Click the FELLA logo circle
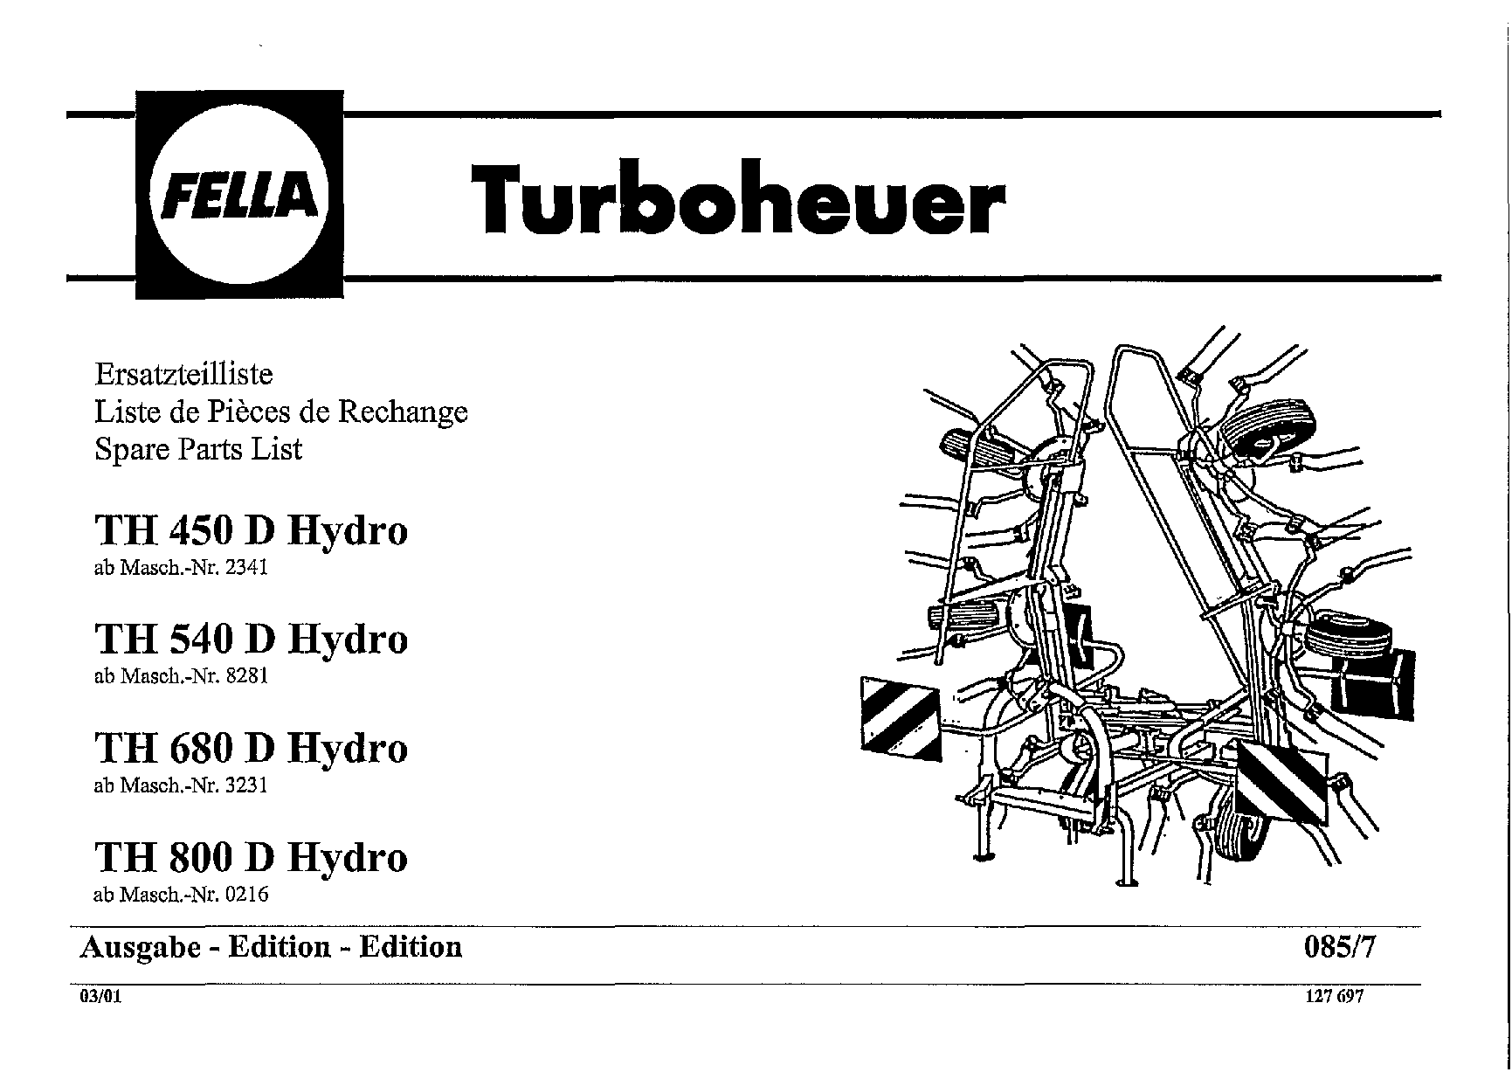point(238,194)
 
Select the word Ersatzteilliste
point(183,375)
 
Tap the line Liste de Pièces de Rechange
point(280,412)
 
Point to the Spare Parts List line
point(197,449)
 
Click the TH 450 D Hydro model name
point(251,530)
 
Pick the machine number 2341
point(246,568)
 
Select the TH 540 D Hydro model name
point(251,639)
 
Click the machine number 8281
point(246,676)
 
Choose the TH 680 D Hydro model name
point(251,748)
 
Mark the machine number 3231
point(246,785)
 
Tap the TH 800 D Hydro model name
point(251,857)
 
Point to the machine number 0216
point(246,895)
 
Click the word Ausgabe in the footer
point(141,948)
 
